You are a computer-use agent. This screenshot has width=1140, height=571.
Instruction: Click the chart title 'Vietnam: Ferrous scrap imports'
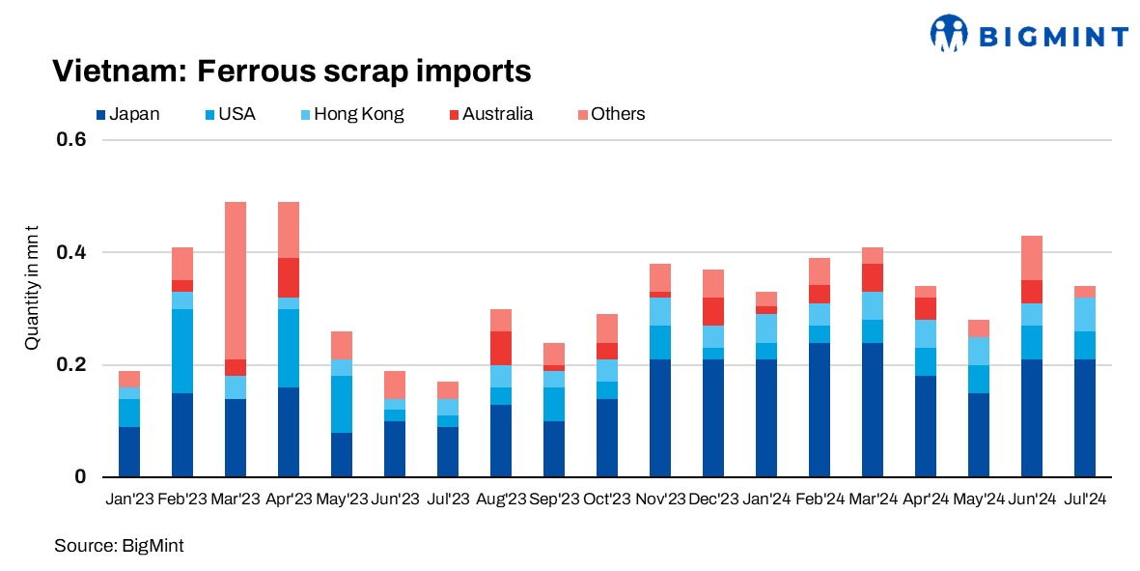coord(291,71)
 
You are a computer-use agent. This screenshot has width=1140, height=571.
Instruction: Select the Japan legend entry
coord(127,114)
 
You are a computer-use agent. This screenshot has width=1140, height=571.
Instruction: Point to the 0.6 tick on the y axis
coord(73,139)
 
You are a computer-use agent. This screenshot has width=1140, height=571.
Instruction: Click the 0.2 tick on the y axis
coord(73,365)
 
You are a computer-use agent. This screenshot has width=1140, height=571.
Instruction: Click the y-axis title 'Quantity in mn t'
coord(31,308)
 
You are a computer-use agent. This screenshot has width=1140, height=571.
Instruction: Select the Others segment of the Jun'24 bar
coord(1031,258)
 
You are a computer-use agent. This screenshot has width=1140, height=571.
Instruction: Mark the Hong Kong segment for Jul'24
coord(1084,314)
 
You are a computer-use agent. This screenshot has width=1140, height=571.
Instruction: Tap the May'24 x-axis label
coord(978,499)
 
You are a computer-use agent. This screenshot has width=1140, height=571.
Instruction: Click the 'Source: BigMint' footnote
coord(119,546)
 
